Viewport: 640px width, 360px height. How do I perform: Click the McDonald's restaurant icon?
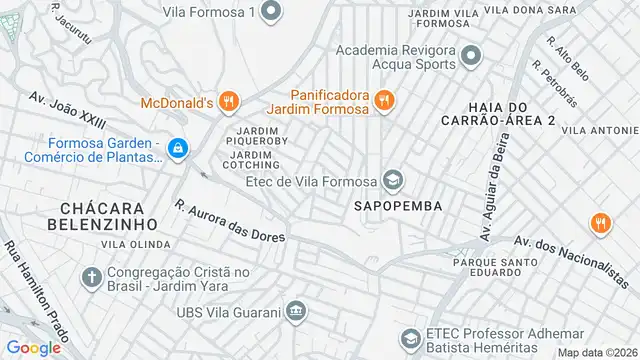point(229,100)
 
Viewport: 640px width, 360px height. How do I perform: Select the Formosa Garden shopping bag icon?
point(177,149)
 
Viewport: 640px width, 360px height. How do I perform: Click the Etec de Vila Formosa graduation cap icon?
point(393,180)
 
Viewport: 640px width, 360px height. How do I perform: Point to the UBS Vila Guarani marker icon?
point(295,310)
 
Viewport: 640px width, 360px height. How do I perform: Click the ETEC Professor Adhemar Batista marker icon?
point(410,339)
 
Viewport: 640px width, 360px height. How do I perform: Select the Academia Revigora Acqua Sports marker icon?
point(473,58)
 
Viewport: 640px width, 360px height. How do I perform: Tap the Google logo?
point(34,347)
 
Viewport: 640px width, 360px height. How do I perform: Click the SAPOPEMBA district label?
point(397,205)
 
